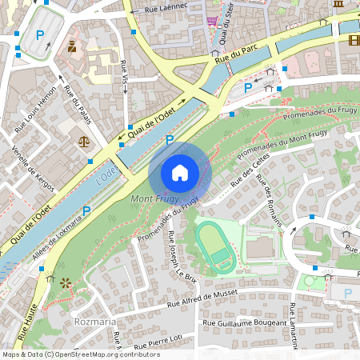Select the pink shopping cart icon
point(211,21)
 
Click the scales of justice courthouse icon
point(84,140)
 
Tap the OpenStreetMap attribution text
point(80,354)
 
